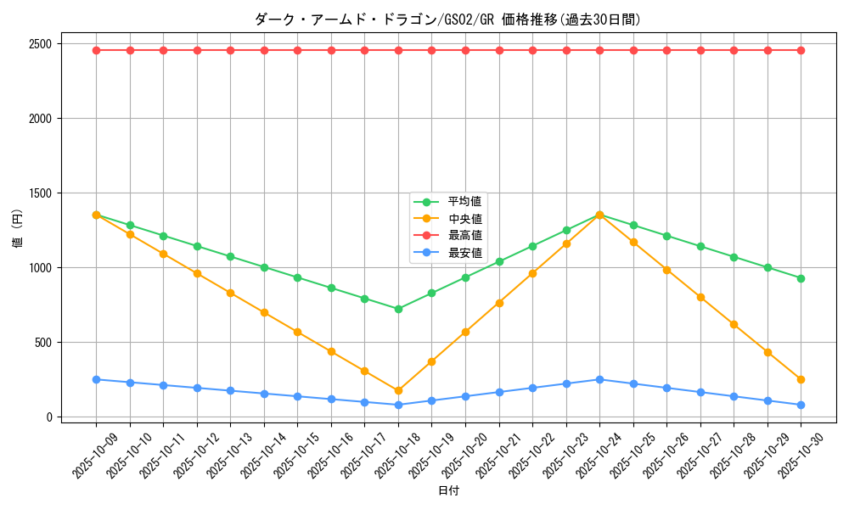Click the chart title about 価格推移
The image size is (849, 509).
(447, 20)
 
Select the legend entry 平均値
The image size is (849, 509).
(464, 202)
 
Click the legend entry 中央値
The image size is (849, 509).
(464, 219)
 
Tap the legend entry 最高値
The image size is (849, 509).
(464, 236)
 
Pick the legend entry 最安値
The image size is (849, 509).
(464, 253)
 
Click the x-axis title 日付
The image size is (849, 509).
(448, 491)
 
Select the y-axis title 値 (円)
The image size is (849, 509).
(18, 231)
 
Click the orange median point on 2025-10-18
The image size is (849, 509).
(398, 391)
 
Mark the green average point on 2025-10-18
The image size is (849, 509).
(398, 309)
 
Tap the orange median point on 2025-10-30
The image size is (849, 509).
(801, 379)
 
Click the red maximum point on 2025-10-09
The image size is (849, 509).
(96, 50)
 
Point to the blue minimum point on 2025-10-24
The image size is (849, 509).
(599, 379)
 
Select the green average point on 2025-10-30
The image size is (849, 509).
(801, 278)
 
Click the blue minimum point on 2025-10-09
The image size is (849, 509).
(96, 379)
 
